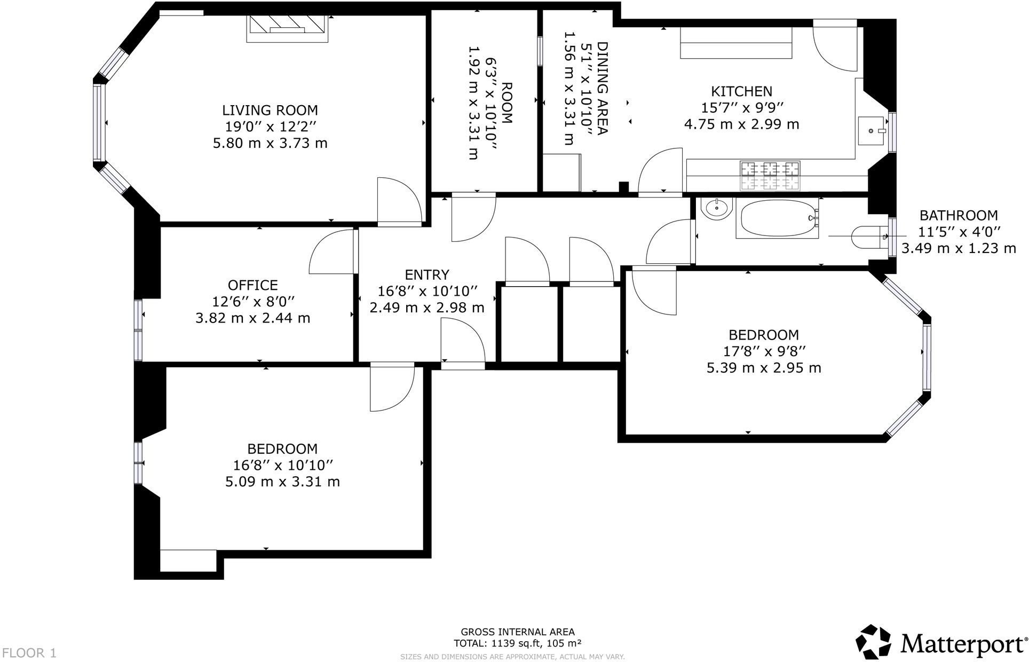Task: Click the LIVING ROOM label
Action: pyautogui.click(x=270, y=111)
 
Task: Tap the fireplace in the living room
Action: pyautogui.click(x=287, y=28)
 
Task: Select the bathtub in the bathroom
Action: pyautogui.click(x=777, y=218)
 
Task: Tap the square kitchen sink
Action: pyautogui.click(x=872, y=130)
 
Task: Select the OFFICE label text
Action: pyautogui.click(x=253, y=285)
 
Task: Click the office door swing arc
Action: pyautogui.click(x=331, y=251)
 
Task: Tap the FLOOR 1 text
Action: pyautogui.click(x=29, y=652)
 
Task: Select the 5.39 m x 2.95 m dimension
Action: pyautogui.click(x=764, y=368)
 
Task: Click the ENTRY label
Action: pyautogui.click(x=426, y=274)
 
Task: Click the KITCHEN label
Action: pyautogui.click(x=741, y=91)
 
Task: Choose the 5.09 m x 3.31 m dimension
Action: pyautogui.click(x=282, y=482)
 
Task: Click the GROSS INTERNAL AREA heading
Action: pyautogui.click(x=517, y=632)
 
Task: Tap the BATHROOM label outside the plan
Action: pyautogui.click(x=958, y=215)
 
